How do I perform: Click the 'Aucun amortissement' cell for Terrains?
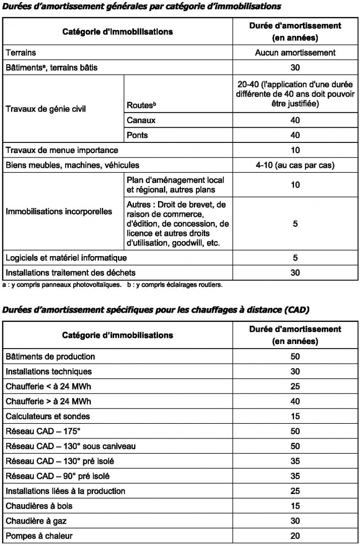coord(295,53)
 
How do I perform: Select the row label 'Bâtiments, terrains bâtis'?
coord(52,68)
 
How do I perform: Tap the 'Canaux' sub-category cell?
coord(141,120)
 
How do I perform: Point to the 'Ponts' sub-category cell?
coord(138,135)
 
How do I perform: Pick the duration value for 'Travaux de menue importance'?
coord(295,150)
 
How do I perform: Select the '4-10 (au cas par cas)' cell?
coord(295,165)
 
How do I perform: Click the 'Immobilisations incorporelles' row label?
coord(59,211)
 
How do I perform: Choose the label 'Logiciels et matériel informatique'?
coord(66,258)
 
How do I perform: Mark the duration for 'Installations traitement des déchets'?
coord(295,273)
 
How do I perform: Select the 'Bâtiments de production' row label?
coord(50,357)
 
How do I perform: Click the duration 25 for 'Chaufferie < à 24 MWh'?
coord(295,386)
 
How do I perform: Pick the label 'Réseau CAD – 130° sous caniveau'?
coord(71,446)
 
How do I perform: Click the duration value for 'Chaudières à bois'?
coord(295,506)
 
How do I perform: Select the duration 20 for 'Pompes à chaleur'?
coord(295,535)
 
